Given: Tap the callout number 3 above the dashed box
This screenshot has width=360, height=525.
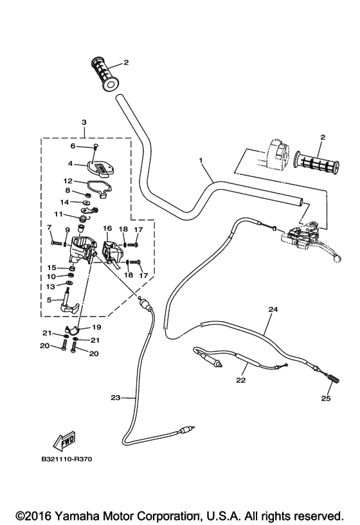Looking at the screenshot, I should [84, 122].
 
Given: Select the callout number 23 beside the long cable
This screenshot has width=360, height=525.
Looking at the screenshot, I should [115, 398].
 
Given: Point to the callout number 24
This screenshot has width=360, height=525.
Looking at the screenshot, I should [273, 309].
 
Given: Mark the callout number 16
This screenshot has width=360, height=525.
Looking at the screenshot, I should [107, 228].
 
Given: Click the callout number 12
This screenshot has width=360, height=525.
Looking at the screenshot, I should [67, 181].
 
